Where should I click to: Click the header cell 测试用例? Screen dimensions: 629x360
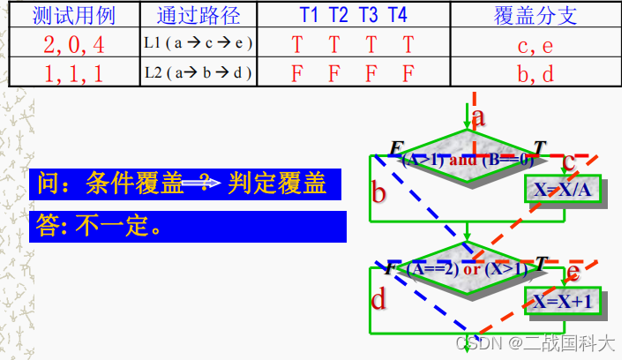tap(73, 15)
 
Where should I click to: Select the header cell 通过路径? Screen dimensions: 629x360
tap(198, 15)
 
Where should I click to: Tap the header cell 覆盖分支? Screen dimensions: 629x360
tap(535, 15)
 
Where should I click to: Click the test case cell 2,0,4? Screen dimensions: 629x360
tap(73, 43)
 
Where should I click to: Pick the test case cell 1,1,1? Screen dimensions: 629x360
tap(73, 72)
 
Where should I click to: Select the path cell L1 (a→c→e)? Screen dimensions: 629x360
tap(198, 43)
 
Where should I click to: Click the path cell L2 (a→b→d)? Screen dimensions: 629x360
tap(198, 72)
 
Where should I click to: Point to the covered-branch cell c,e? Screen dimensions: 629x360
tap(535, 43)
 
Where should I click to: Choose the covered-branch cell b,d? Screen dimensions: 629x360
tap(535, 72)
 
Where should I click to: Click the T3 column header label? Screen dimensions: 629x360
tap(371, 15)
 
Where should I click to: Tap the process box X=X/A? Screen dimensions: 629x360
tap(561, 190)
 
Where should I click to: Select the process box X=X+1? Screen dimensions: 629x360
tap(562, 301)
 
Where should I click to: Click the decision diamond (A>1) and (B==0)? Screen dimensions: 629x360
tap(468, 160)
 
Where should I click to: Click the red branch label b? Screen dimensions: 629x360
tap(379, 191)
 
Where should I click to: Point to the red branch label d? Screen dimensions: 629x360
tap(379, 300)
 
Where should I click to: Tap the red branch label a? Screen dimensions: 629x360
tap(479, 116)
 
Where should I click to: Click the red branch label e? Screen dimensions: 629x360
tap(574, 271)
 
